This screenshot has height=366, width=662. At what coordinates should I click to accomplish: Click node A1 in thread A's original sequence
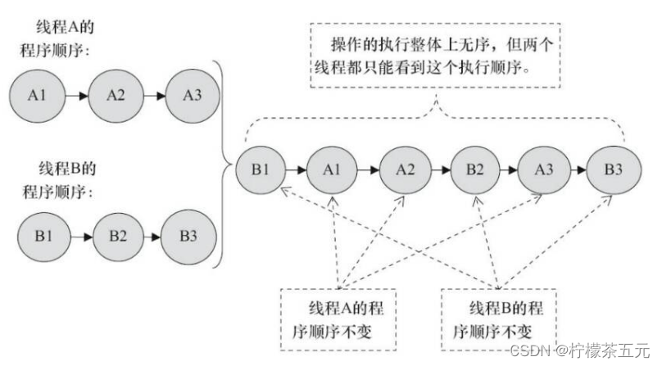(36, 95)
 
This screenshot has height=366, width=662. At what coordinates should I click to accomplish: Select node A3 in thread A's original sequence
(192, 95)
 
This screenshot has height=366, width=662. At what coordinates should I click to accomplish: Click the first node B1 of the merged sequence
(260, 170)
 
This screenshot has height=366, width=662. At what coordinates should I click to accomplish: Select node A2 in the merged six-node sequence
(405, 170)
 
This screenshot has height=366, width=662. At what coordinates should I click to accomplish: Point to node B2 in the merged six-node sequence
(475, 170)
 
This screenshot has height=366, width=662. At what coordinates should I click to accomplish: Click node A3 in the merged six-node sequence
(545, 170)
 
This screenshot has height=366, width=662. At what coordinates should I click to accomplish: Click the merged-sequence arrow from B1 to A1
(296, 170)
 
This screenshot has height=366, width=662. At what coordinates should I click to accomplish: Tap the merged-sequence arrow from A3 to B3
(579, 170)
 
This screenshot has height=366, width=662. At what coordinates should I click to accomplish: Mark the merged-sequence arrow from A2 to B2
(440, 170)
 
